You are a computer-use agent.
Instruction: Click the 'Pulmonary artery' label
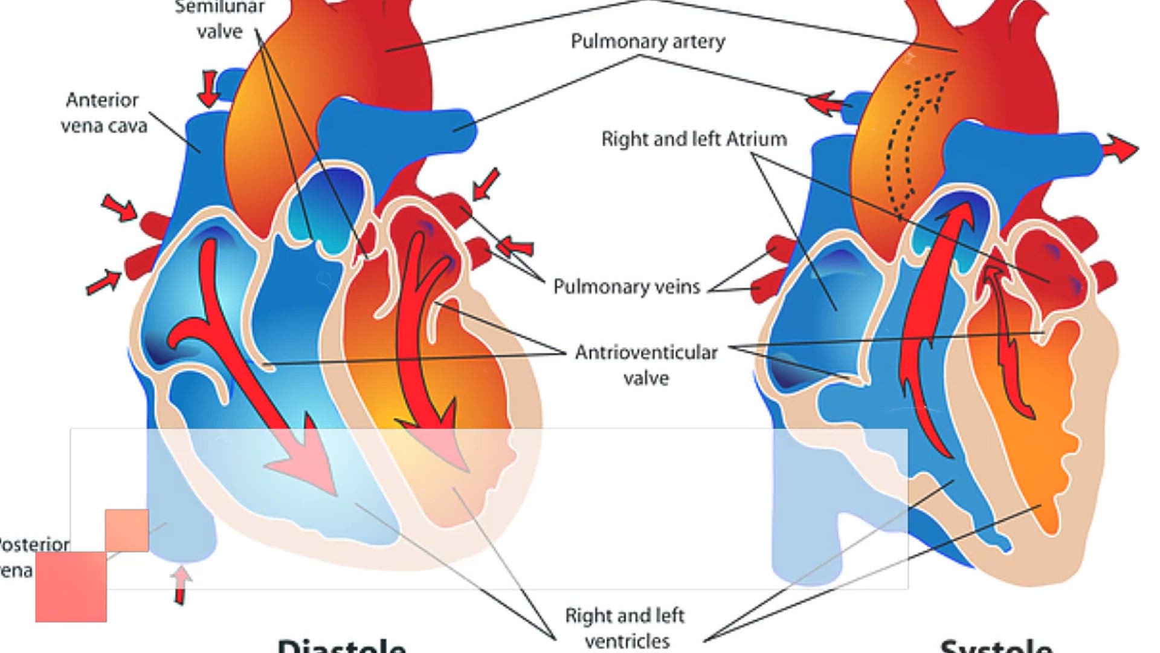point(648,42)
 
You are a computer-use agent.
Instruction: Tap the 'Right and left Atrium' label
point(694,139)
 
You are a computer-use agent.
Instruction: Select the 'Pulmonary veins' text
point(627,286)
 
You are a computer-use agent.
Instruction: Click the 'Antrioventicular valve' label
point(646,365)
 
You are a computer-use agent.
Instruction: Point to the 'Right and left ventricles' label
point(625,628)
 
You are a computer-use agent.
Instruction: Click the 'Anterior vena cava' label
point(104,112)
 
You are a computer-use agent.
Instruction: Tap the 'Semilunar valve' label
point(219,19)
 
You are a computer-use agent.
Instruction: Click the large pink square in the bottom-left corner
point(71,586)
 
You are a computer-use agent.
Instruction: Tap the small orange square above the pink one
point(127,530)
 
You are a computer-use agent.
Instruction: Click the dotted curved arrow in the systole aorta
point(912,139)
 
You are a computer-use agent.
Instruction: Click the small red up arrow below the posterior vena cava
point(180,584)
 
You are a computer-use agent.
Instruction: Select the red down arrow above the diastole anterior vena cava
point(208,88)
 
